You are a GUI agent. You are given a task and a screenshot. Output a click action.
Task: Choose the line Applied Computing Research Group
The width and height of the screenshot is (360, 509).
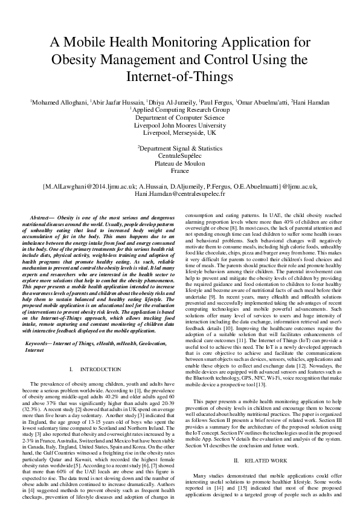coord(181,110)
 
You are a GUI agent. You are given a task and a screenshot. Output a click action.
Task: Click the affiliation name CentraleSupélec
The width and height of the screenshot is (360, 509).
coord(179,155)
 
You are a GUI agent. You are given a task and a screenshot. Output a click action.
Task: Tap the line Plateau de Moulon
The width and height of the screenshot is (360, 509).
coord(179,163)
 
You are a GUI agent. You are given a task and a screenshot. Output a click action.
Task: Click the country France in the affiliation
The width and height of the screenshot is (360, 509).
coord(179,171)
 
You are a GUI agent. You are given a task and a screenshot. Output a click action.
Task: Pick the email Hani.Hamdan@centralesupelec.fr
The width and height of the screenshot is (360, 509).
coord(179,193)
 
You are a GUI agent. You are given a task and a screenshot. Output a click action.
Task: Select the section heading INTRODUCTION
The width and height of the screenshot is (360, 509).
coord(109,351)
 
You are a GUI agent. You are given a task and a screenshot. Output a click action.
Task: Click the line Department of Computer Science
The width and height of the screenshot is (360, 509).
coord(179,117)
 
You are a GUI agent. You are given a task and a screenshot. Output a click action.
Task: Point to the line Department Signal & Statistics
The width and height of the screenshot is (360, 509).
coord(179,148)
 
